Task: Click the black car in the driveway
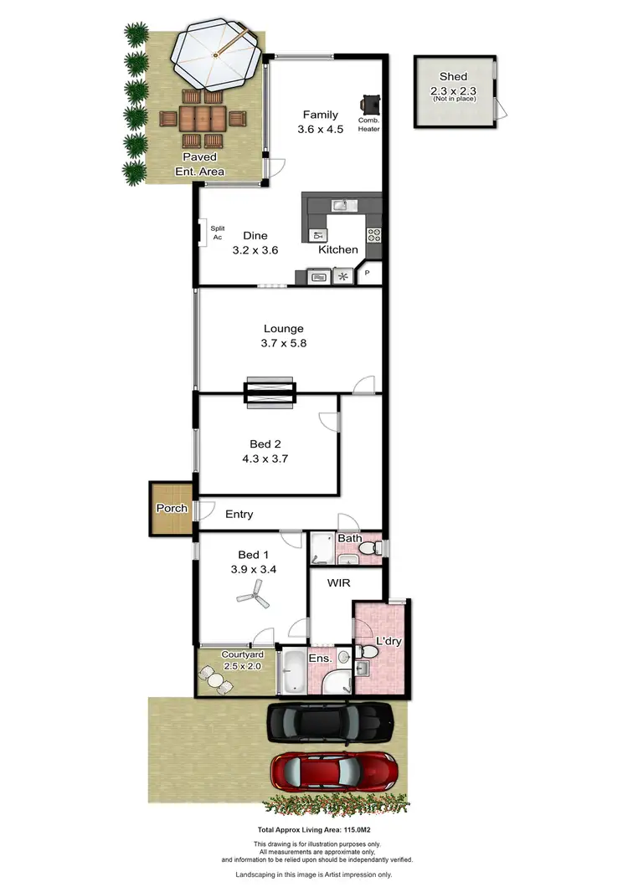pyautogui.click(x=329, y=722)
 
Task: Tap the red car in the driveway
pyautogui.click(x=333, y=771)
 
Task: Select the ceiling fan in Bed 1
pyautogui.click(x=253, y=597)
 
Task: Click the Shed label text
pyautogui.click(x=453, y=77)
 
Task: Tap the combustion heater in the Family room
pyautogui.click(x=369, y=104)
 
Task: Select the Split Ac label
pyautogui.click(x=217, y=232)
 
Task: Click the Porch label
pyautogui.click(x=171, y=508)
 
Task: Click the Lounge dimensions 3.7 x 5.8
pyautogui.click(x=283, y=342)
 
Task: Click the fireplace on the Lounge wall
pyautogui.click(x=270, y=392)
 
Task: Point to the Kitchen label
pyautogui.click(x=338, y=249)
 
